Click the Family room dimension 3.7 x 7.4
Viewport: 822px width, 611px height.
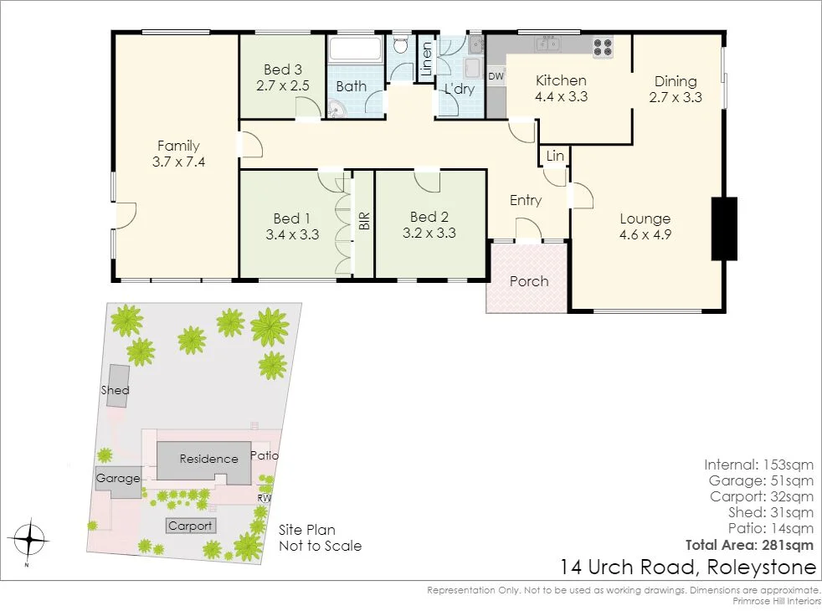(x=179, y=162)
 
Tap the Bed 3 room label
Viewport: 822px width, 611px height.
(x=282, y=69)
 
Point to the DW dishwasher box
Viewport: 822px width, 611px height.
(x=496, y=76)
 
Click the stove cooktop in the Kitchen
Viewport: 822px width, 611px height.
(x=603, y=47)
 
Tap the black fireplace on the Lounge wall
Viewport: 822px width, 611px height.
(x=723, y=228)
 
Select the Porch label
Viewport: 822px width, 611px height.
(x=529, y=281)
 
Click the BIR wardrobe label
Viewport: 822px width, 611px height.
(x=364, y=222)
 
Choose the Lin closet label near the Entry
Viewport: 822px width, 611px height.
(x=555, y=157)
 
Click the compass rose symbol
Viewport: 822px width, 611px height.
(x=29, y=540)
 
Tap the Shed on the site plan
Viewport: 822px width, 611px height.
(x=116, y=388)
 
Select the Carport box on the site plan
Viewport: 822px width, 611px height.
(x=190, y=526)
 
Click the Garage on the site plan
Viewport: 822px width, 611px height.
(x=118, y=480)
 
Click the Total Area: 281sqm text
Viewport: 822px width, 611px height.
(x=749, y=545)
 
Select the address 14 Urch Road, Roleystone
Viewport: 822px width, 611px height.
(x=688, y=567)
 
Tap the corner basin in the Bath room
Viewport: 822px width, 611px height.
(x=338, y=109)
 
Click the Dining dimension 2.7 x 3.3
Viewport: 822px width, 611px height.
(x=675, y=97)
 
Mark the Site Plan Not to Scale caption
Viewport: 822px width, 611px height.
(x=320, y=537)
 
